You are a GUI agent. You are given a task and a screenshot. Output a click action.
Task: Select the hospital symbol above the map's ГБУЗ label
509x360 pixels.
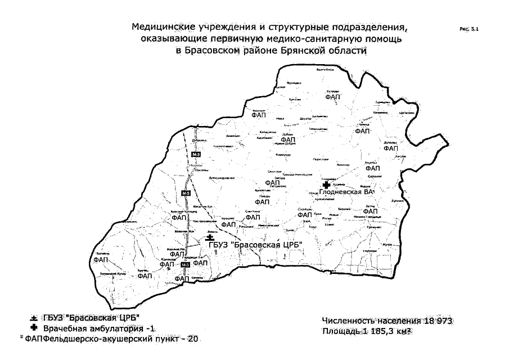[210, 238]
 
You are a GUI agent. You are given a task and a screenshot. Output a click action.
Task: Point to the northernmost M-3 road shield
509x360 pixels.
[196, 154]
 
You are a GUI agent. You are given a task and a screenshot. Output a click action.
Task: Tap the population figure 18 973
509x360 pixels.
[436, 320]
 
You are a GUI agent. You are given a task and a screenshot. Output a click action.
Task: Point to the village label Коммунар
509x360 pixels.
[284, 154]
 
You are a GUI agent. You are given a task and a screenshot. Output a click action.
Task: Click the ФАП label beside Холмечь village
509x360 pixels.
[101, 260]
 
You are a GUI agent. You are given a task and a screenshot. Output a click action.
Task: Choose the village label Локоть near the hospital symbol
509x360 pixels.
[212, 231]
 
